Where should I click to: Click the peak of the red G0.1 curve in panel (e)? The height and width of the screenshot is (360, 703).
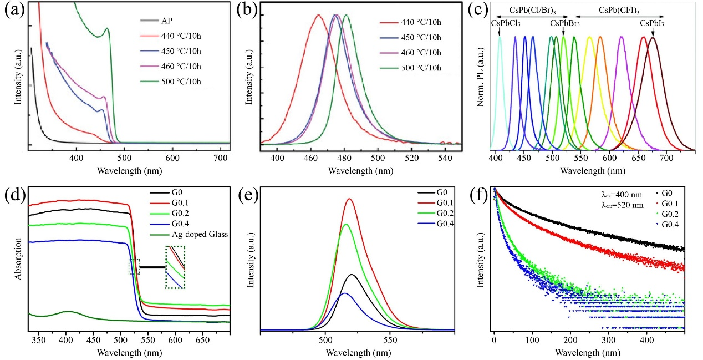(x=349, y=199)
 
